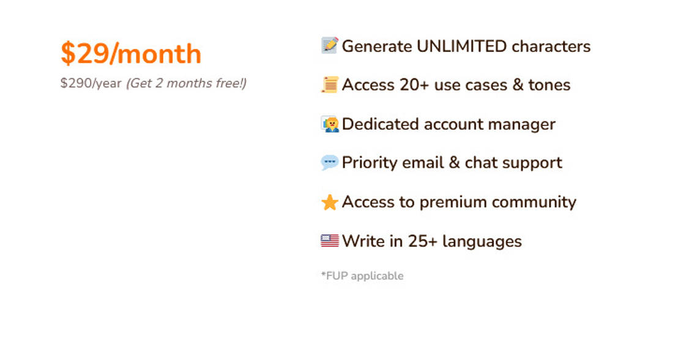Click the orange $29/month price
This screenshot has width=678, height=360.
click(x=131, y=54)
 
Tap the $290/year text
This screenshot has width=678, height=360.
click(x=91, y=83)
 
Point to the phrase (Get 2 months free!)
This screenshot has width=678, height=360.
click(x=187, y=83)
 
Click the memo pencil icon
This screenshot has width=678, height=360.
click(x=329, y=45)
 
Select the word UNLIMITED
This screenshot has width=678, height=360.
click(x=461, y=47)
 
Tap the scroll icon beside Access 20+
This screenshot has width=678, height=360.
click(x=329, y=84)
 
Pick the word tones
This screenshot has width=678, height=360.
click(x=549, y=85)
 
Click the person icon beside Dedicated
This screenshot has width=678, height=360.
click(x=330, y=124)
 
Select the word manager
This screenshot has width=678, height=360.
click(x=521, y=125)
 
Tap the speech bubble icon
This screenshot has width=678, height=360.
click(x=329, y=162)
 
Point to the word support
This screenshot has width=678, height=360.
click(x=537, y=163)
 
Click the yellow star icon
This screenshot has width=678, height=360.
click(x=329, y=202)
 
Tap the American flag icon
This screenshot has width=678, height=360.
click(x=329, y=241)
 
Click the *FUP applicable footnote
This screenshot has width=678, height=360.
click(x=362, y=276)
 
